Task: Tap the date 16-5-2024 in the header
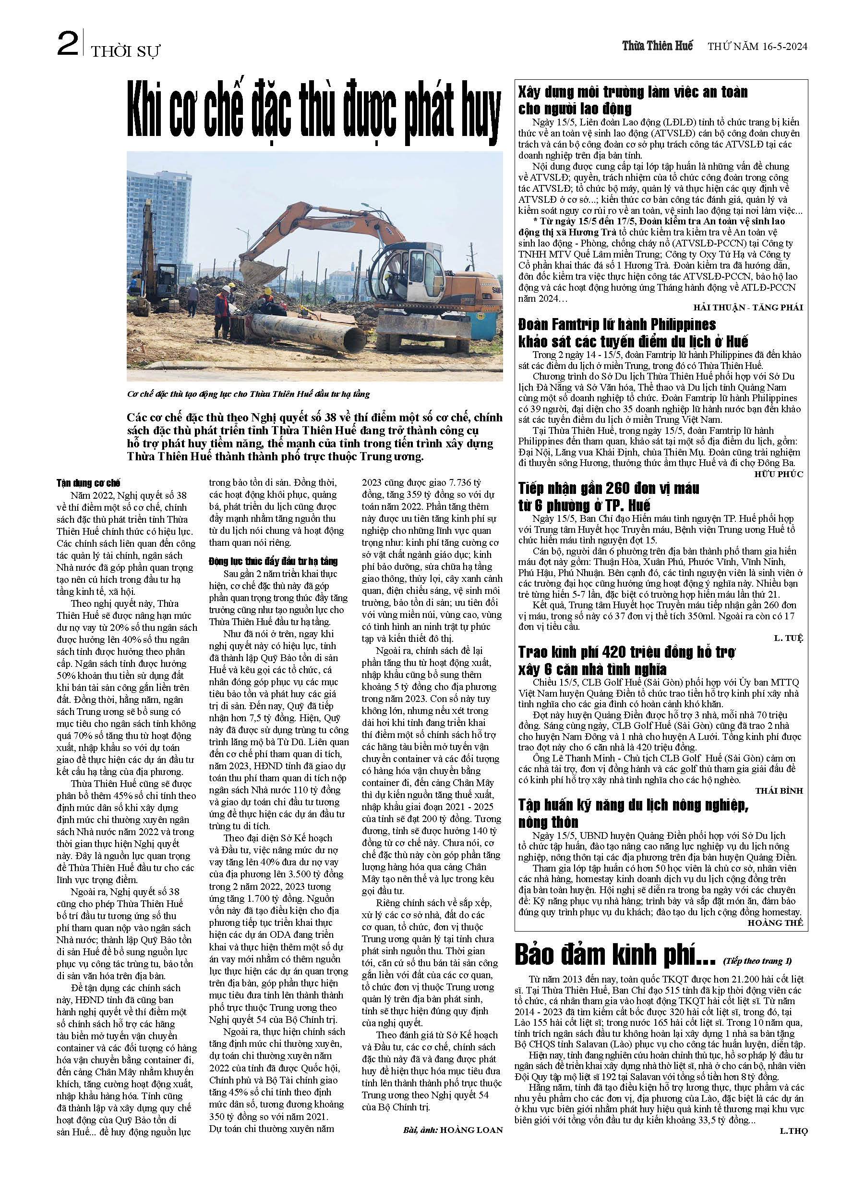pos(782,46)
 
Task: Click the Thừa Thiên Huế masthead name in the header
pos(657,46)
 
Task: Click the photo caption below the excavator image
pos(249,394)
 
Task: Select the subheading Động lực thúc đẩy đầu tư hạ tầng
pos(273,561)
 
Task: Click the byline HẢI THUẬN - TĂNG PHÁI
pos(747,307)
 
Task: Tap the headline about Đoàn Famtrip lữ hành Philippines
pos(632,332)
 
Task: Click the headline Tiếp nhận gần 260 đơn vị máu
pos(608,497)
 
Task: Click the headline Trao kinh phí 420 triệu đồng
pos(626,661)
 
